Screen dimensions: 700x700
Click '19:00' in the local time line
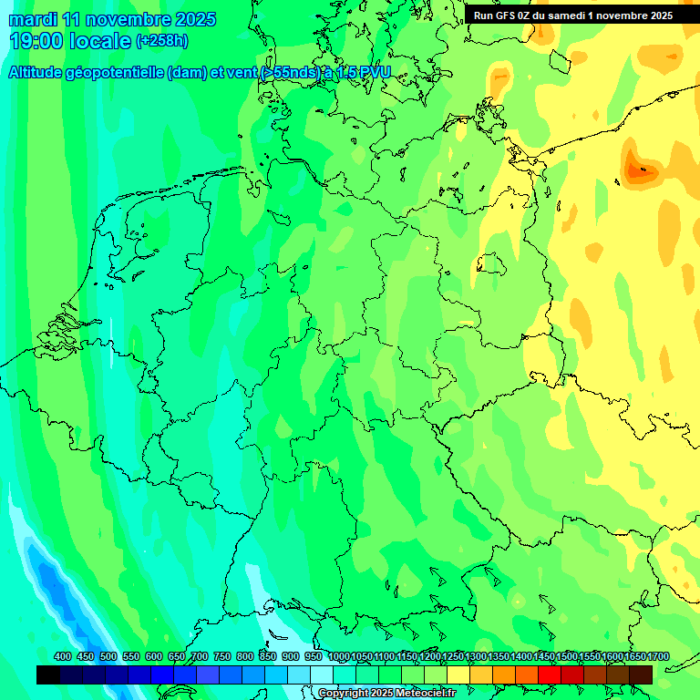pos(36,41)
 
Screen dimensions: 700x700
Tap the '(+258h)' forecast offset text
pos(162,41)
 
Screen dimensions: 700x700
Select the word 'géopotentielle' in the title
pos(113,73)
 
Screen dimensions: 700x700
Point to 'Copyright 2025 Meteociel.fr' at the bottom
pos(386,694)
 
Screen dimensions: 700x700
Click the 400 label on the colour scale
pos(63,657)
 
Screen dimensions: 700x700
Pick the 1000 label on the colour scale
pos(338,657)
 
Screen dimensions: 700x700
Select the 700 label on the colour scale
pos(200,657)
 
